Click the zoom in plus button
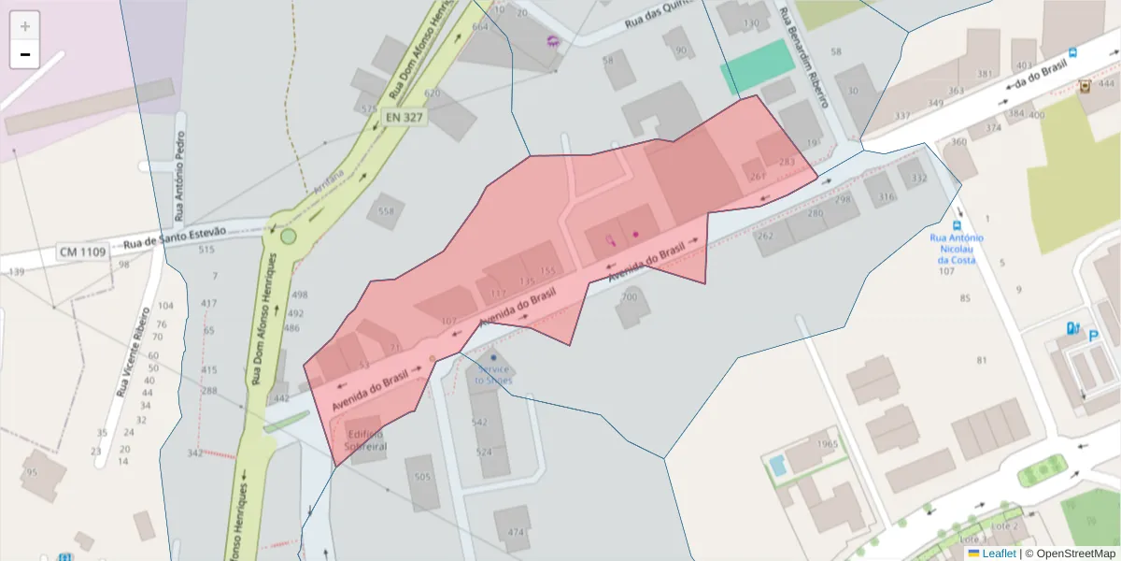tap(25, 26)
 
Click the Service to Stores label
tap(493, 374)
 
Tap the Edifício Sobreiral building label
tap(365, 439)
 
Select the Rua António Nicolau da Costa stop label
tap(958, 249)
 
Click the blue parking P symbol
tap(1093, 333)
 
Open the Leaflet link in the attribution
tap(999, 554)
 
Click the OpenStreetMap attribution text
tap(1074, 554)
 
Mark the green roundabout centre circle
tap(288, 237)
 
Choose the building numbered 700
tap(630, 297)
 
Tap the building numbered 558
tap(386, 211)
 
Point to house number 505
tap(422, 477)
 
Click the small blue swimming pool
tap(777, 465)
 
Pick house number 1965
tap(827, 444)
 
